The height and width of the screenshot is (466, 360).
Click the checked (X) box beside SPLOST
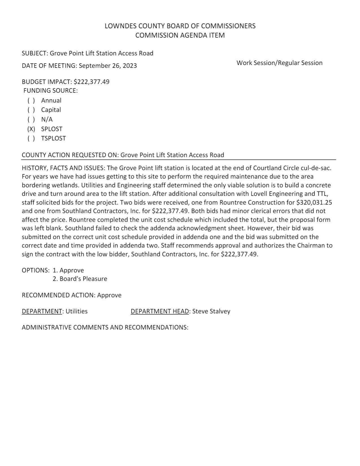coord(31,129)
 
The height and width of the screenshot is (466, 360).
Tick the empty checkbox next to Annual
coord(31,101)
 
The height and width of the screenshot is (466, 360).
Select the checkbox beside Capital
coord(31,110)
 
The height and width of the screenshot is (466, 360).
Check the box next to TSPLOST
coord(31,138)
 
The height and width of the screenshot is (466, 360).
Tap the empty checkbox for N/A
coord(31,119)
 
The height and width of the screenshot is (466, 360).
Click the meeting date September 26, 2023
coord(108,66)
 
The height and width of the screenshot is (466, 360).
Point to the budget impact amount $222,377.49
coord(91,82)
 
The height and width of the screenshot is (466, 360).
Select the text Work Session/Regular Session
coord(279,63)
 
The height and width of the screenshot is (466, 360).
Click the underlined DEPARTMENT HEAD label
coord(160,311)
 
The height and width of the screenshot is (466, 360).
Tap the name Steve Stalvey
coord(211,311)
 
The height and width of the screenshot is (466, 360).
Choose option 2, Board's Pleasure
coord(80,279)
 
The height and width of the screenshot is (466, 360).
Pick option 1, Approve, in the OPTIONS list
coord(68,270)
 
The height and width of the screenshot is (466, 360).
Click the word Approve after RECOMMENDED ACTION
coord(109,295)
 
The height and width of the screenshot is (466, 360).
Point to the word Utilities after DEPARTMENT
coord(77,311)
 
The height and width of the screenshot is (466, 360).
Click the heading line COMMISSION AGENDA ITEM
coord(180,35)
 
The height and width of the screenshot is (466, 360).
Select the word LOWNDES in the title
coord(117,26)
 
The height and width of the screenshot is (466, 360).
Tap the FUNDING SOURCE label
coord(50,91)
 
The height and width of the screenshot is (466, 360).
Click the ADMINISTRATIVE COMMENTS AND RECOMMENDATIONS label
coord(105,327)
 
